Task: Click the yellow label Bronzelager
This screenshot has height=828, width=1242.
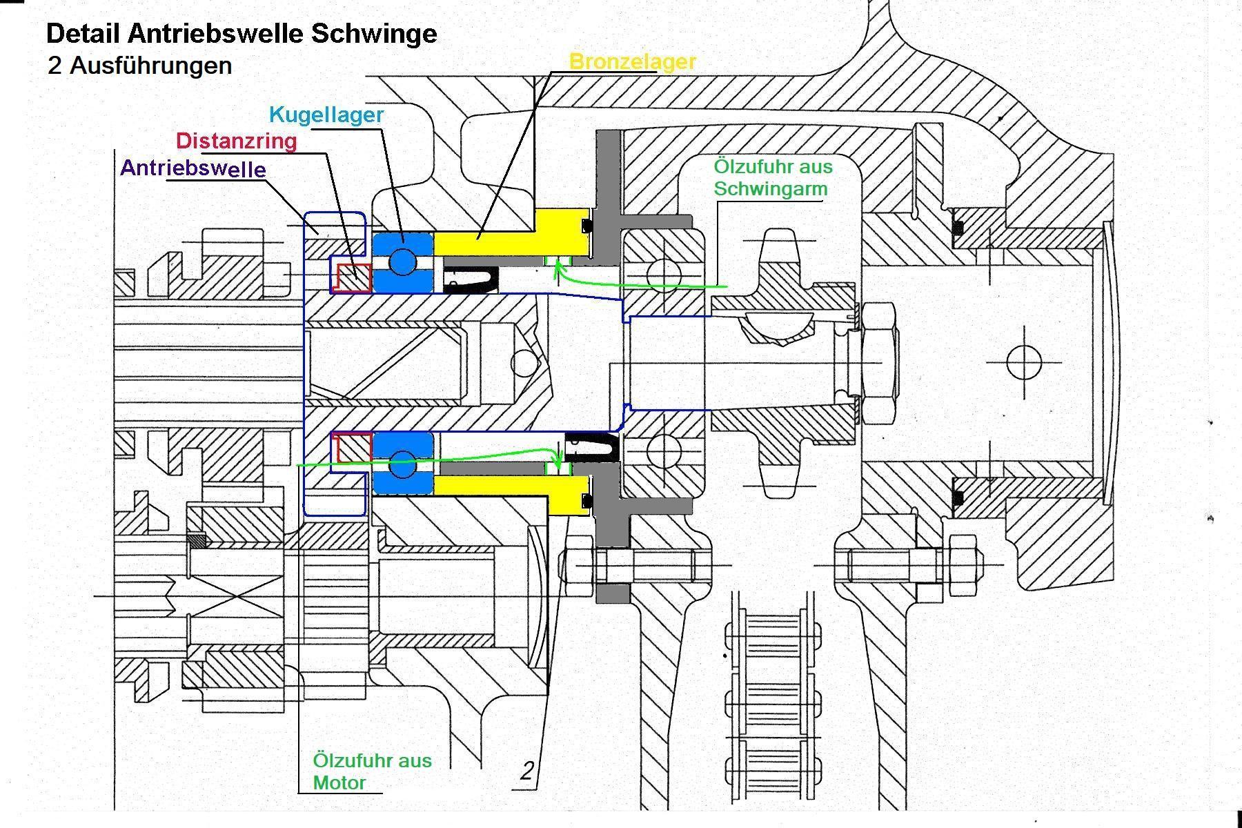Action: (x=632, y=61)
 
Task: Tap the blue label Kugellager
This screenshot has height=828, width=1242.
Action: (x=326, y=115)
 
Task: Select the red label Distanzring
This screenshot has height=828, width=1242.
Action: (x=236, y=141)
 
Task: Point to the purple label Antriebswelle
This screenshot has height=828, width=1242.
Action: (x=193, y=168)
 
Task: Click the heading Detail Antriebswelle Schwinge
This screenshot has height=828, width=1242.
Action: (x=241, y=33)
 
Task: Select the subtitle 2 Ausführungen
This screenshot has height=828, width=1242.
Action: (x=140, y=66)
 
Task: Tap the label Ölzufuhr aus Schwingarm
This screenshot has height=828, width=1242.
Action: (x=773, y=177)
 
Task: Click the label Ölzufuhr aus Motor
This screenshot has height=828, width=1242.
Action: (x=372, y=771)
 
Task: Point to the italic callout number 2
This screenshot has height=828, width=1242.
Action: (x=528, y=771)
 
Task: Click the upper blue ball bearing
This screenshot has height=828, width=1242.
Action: (x=403, y=262)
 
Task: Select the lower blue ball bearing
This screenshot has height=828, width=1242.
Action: (x=403, y=463)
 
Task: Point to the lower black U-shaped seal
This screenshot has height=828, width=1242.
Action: (x=591, y=447)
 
